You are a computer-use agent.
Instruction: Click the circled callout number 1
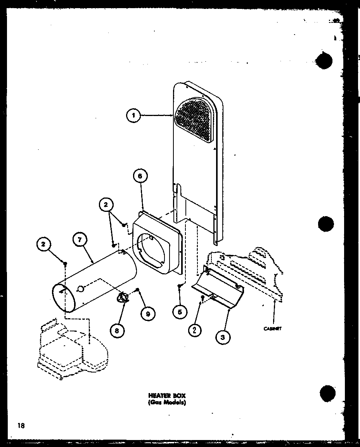pos(133,116)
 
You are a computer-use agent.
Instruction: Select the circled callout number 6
pos(140,176)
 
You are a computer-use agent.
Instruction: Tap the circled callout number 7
pos(80,239)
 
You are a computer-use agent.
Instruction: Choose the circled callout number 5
pos(180,312)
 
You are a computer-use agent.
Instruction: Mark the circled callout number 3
pos(222,337)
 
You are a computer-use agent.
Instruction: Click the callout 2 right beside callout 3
pos(194,329)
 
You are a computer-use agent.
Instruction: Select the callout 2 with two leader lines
pos(106,204)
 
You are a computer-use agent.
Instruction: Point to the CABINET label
pos(272,329)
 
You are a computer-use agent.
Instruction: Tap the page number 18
pos(21,425)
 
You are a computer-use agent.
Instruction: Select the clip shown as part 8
pos(123,298)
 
